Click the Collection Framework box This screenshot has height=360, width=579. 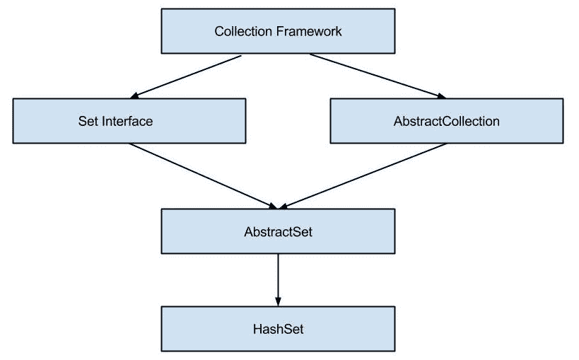tap(278, 31)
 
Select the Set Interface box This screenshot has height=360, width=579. tap(129, 121)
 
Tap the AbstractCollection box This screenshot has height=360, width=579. tap(447, 121)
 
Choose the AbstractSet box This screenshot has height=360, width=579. tap(278, 231)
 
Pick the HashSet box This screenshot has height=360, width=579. tap(278, 329)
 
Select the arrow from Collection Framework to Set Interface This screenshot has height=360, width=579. tap(187, 76)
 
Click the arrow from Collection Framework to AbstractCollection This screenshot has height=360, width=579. tap(378, 76)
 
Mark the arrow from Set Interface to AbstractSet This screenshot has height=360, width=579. tap(201, 175)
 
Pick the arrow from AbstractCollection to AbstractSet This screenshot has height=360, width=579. tap(364, 175)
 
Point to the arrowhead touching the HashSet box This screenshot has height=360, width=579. tap(278, 301)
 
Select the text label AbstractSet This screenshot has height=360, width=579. tap(278, 231)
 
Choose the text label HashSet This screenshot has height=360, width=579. tap(278, 329)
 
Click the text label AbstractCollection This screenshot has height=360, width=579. tap(447, 121)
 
